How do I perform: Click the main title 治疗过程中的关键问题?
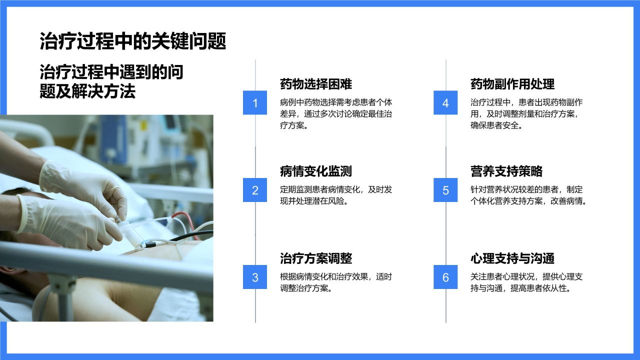(133, 41)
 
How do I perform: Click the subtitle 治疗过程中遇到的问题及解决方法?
(111, 82)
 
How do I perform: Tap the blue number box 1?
(255, 103)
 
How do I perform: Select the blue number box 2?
(255, 190)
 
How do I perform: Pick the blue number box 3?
(255, 277)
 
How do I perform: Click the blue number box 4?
(445, 103)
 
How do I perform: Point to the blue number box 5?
(445, 190)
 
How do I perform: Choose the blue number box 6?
(445, 277)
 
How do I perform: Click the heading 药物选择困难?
(316, 84)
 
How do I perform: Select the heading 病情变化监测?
(316, 171)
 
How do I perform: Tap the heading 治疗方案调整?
(316, 258)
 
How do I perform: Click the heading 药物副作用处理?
(512, 84)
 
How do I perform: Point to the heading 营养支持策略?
(506, 171)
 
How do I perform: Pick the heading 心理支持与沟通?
(512, 258)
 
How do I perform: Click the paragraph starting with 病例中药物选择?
(336, 114)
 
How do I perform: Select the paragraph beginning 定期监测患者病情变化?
(336, 195)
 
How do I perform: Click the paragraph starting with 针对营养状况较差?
(528, 195)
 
